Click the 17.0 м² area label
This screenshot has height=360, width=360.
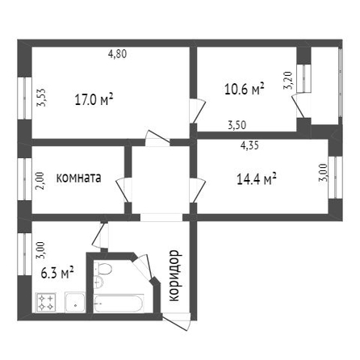(x=94, y=100)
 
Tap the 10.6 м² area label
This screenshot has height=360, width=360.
(x=244, y=89)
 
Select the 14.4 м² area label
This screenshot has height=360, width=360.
(x=257, y=179)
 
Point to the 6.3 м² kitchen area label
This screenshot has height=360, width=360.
(x=57, y=273)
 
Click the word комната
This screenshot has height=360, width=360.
(x=78, y=178)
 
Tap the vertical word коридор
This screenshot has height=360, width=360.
(x=174, y=275)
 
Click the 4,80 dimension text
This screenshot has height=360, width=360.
(x=117, y=54)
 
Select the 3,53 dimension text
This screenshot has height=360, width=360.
(x=41, y=98)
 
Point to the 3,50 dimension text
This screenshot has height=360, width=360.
(x=237, y=125)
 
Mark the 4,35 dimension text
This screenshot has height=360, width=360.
(x=249, y=145)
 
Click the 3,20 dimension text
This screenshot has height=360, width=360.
(x=288, y=80)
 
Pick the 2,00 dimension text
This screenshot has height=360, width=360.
(x=41, y=182)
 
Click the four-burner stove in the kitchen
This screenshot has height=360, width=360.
(x=46, y=303)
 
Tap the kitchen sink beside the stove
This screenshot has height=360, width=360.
(x=75, y=303)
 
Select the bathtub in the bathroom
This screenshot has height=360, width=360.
(x=119, y=303)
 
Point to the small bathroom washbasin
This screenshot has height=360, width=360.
(x=98, y=282)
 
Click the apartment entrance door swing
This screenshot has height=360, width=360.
(x=176, y=322)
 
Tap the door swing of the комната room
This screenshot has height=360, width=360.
(x=123, y=190)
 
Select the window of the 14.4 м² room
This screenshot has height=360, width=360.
(x=335, y=177)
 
